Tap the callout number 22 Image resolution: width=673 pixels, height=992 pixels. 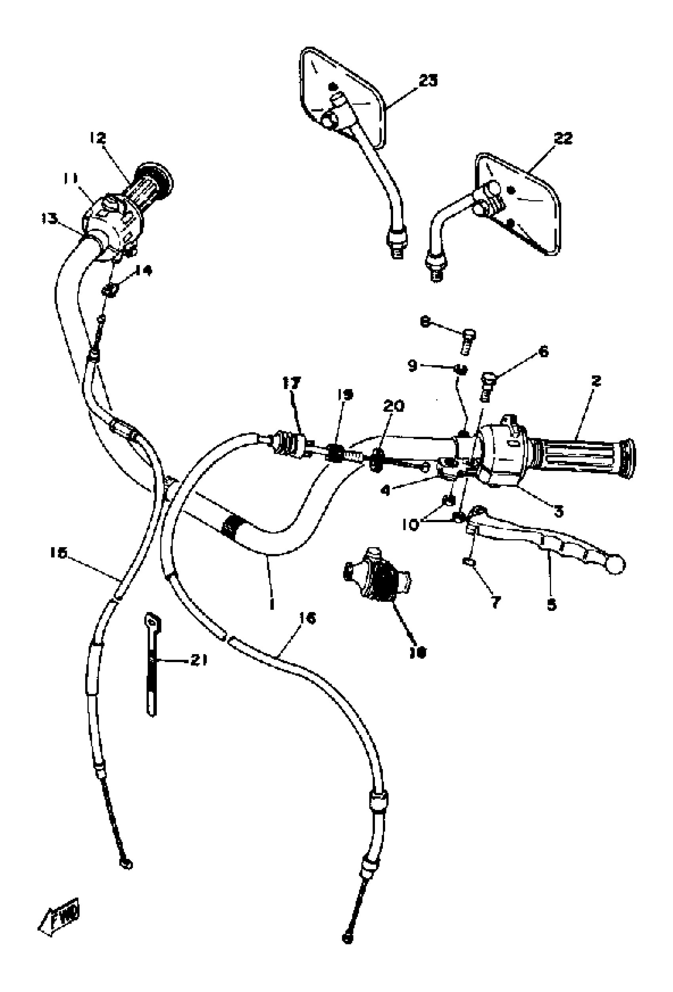[563, 139]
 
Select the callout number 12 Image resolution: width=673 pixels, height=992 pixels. [98, 138]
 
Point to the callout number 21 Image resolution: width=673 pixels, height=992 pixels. [199, 660]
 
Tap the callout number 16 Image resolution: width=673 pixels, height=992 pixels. [308, 618]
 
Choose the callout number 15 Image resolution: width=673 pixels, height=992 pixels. [59, 553]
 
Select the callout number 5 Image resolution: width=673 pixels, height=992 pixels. [552, 605]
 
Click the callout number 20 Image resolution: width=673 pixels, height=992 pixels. [393, 406]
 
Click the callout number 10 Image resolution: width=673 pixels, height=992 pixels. [411, 525]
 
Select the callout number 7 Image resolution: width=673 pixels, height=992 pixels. [495, 603]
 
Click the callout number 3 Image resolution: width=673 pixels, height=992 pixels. [558, 511]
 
